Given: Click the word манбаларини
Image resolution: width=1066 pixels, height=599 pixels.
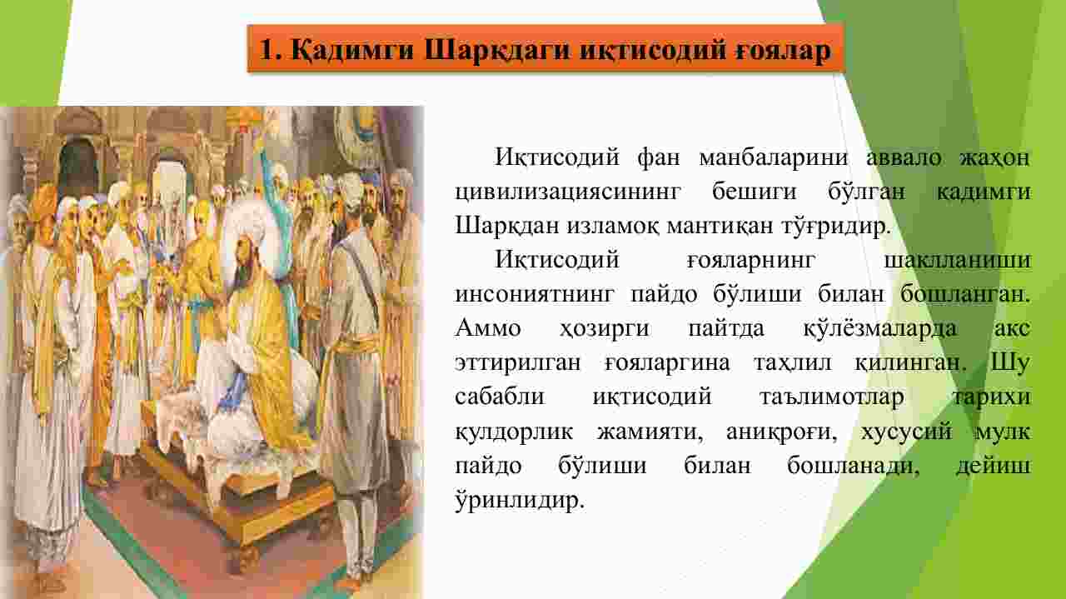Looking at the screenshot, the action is (x=774, y=157).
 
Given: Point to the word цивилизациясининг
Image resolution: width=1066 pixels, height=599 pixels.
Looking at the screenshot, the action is (x=568, y=192).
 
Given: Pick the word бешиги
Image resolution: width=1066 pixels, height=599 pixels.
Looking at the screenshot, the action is (x=754, y=192).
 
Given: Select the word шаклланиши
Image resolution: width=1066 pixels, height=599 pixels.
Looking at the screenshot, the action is (x=958, y=261).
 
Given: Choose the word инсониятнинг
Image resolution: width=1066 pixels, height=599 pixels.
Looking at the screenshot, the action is (x=535, y=295).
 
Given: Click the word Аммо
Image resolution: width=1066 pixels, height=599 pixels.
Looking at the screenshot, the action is (x=488, y=328).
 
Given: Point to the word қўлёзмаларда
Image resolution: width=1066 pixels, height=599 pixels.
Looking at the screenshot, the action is (x=880, y=328).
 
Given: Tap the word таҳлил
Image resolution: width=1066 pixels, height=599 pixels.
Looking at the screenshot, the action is (x=792, y=363).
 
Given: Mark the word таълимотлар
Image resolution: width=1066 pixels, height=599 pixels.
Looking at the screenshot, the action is (x=832, y=397).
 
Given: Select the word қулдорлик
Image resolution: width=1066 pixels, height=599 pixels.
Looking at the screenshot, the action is (x=514, y=432).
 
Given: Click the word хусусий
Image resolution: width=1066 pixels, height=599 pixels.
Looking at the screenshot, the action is (x=907, y=432).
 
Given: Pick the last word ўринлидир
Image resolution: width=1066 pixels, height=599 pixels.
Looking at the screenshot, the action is (x=520, y=501).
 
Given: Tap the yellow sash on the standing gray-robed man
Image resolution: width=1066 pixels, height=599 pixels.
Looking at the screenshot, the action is (x=355, y=344).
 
